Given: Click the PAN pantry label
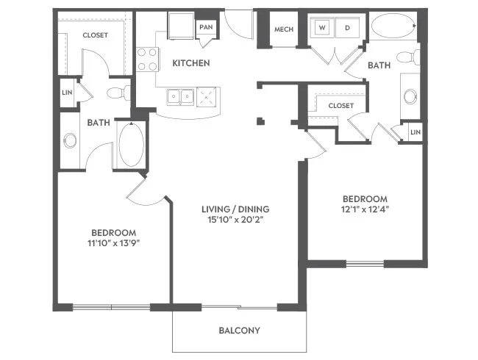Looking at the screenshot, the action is pos(206,27).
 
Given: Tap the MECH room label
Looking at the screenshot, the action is pos(284,29).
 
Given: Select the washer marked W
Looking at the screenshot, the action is pos(322,27).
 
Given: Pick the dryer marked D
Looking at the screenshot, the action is pos(348,27).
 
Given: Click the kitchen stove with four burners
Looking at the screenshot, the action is pos(148,60).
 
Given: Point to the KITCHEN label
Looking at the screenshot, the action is pos(191,63).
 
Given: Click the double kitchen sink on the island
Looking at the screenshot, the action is pos(180,97).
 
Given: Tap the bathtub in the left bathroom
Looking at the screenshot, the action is pos(132,145).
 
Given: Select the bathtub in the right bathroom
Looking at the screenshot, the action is pos(393,26).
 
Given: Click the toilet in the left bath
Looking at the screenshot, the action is pos(118,93).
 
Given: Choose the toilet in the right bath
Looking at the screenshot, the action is pos(408,57).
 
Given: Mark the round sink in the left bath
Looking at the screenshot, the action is pos(70,140).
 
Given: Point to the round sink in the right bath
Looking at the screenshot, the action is pos(410,96).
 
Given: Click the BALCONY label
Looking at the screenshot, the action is pos(240,331).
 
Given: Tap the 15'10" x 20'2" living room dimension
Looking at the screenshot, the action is pos(235,220).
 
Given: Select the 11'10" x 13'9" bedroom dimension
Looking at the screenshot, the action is pos(113,243).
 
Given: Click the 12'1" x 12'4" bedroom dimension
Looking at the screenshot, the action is pos(365,209).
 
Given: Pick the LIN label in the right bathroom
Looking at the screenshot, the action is pos(415,132).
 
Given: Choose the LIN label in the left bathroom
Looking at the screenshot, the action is pos(67,93).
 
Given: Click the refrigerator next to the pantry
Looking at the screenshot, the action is pos(181,26).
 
